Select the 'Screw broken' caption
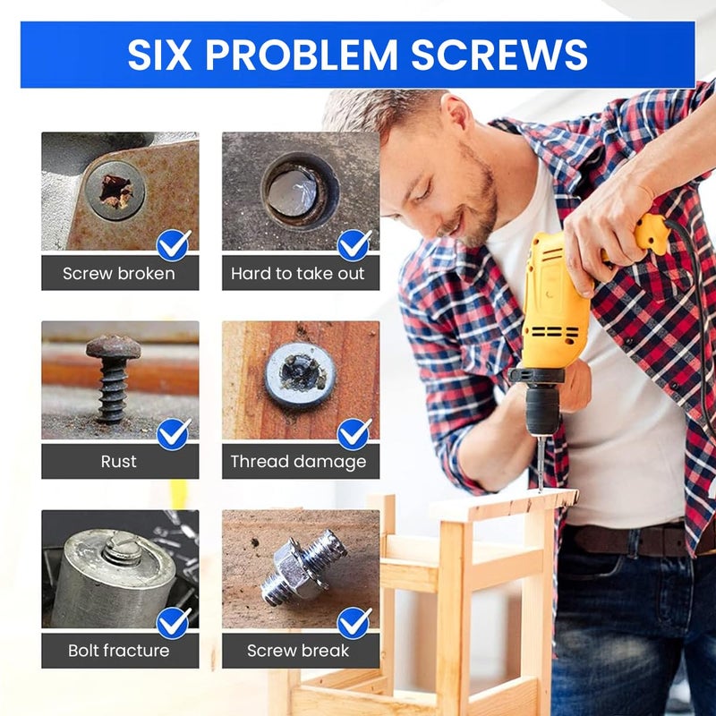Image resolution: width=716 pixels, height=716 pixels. click(x=119, y=273)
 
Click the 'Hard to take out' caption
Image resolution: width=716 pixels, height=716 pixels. click(x=299, y=273)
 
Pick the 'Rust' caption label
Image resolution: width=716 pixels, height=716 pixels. click(x=119, y=462)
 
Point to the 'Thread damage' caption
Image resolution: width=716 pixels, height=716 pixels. click(x=299, y=462)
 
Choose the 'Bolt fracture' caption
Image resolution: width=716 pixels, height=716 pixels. click(x=119, y=651)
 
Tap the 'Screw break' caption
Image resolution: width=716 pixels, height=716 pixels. click(x=299, y=651)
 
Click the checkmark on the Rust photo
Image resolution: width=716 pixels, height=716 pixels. click(x=173, y=434)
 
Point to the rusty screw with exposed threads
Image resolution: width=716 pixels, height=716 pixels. click(x=113, y=376)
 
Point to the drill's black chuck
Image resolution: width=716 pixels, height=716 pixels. click(x=541, y=412)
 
